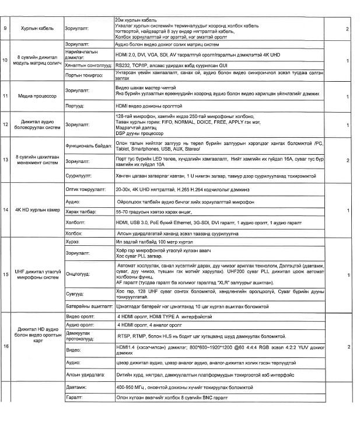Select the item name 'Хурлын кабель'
click(x=38, y=28)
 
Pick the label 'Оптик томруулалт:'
click(x=86, y=190)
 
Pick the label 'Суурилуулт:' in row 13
click(x=80, y=173)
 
